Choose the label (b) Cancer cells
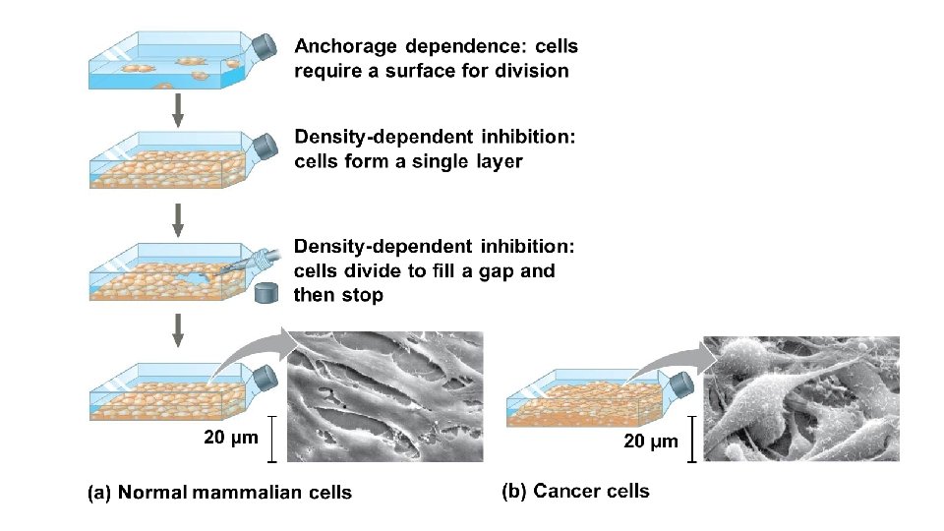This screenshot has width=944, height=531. [575, 490]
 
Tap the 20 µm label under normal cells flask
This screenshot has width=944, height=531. [230, 438]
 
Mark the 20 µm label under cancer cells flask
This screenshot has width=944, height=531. [651, 441]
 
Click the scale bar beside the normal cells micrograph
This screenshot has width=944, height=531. [271, 439]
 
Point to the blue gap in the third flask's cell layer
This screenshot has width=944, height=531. [202, 279]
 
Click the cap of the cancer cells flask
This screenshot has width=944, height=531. [678, 381]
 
